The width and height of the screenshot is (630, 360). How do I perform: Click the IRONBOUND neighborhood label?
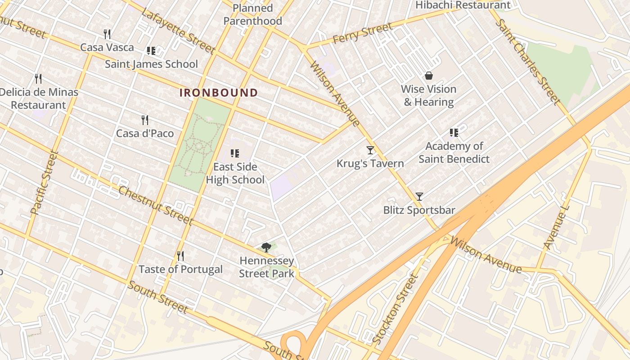tap(219, 93)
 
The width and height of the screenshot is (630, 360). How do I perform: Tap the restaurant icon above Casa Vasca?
tap(107, 34)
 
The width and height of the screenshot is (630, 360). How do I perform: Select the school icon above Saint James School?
tap(151, 51)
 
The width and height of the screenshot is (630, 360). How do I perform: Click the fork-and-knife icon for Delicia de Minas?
tap(38, 79)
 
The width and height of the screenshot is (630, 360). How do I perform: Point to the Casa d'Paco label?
tap(145, 134)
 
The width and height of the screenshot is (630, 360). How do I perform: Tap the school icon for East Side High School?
tap(234, 153)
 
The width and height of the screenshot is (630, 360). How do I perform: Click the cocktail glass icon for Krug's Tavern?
tap(370, 150)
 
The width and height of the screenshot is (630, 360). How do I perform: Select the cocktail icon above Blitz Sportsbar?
tap(419, 196)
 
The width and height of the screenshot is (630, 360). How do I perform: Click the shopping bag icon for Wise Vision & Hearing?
tap(429, 76)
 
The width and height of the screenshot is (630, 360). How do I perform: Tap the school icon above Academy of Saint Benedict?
tap(454, 133)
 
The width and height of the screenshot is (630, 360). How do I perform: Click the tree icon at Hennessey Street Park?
tap(266, 247)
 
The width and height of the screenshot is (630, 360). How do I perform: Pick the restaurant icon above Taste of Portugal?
tap(180, 256)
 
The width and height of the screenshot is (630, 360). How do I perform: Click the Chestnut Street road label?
tap(155, 205)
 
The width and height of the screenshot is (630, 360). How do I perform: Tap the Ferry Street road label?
tap(362, 34)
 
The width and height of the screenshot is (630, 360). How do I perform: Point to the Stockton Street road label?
tap(396, 309)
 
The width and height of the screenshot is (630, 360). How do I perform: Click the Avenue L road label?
tap(556, 230)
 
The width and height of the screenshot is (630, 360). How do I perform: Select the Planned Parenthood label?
tap(253, 14)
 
